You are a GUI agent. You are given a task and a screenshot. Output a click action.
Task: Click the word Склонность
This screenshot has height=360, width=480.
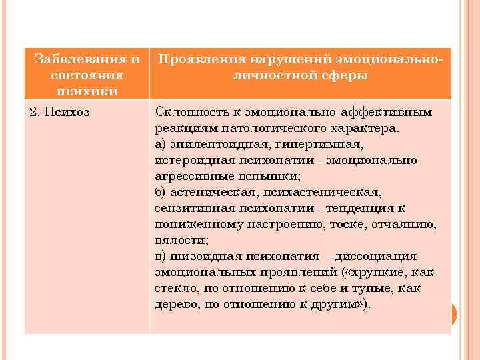pyautogui.click(x=187, y=111)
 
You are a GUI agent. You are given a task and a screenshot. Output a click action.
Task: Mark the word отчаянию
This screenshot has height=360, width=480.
pyautogui.click(x=403, y=224)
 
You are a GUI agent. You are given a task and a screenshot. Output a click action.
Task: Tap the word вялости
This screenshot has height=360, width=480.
pyautogui.click(x=180, y=240)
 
